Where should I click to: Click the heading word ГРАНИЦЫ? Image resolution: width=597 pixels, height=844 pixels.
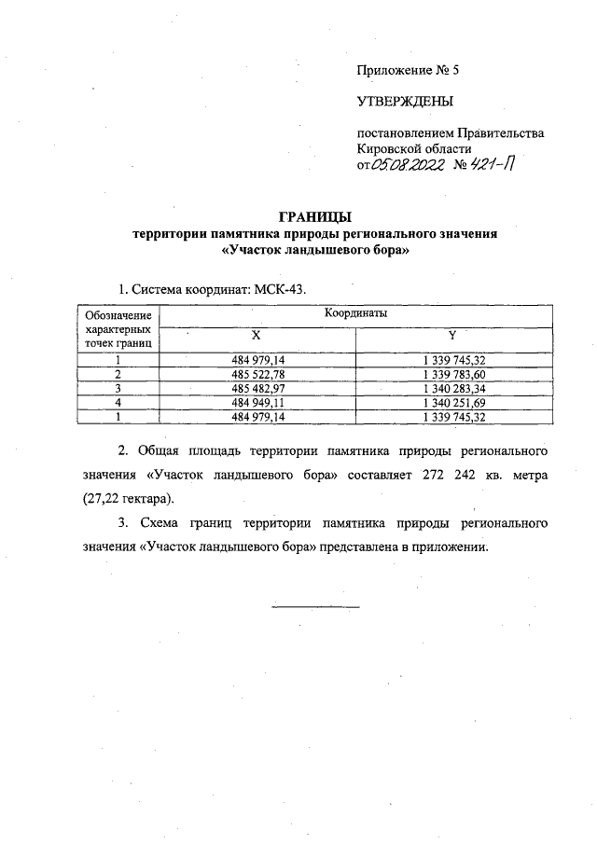click(315, 216)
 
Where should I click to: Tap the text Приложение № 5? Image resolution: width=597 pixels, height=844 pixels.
click(408, 70)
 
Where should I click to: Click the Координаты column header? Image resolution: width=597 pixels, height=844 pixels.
click(355, 314)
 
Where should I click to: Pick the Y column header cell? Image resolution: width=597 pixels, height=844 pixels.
click(451, 335)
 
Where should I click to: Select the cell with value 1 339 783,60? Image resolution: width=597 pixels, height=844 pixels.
click(451, 373)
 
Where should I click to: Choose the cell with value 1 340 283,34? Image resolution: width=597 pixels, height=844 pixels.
click(451, 388)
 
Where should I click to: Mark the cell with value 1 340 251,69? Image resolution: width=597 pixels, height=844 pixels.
click(451, 402)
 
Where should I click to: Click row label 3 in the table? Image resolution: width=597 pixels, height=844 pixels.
click(118, 388)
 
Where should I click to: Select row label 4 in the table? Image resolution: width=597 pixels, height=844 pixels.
click(118, 402)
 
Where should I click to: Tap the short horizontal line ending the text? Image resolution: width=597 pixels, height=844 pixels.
click(315, 607)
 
